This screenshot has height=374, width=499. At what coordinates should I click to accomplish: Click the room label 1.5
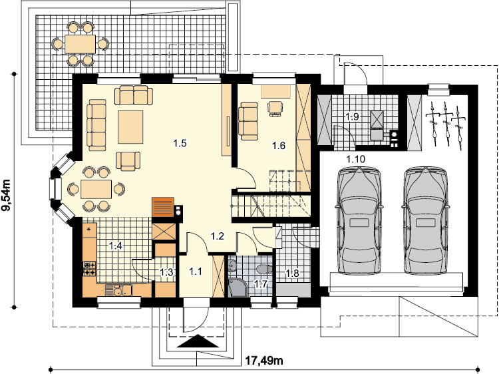coord(180,143)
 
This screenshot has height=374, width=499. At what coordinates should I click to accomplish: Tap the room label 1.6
coord(279,146)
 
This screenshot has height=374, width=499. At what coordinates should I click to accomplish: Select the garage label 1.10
coord(355,159)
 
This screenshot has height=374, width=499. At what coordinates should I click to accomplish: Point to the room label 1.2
coord(218,236)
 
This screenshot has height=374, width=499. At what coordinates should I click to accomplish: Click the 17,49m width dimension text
coord(264,361)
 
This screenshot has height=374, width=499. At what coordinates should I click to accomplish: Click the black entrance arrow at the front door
coord(198,341)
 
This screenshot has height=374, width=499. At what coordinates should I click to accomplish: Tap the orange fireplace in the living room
coord(163,207)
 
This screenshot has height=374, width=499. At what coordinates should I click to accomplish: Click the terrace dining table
coord(81,44)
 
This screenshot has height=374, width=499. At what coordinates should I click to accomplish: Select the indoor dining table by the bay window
coord(96,189)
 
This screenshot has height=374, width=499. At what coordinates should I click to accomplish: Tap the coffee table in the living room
coord(130,127)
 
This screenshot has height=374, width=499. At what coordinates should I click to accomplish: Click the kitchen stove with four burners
coord(89,268)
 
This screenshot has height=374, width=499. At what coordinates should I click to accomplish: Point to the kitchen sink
coord(118,289)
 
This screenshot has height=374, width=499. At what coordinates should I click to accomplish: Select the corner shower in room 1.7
coord(238,287)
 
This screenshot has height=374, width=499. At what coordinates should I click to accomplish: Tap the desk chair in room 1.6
coord(275,108)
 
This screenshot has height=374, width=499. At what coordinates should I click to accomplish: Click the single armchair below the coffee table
coord(128,160)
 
